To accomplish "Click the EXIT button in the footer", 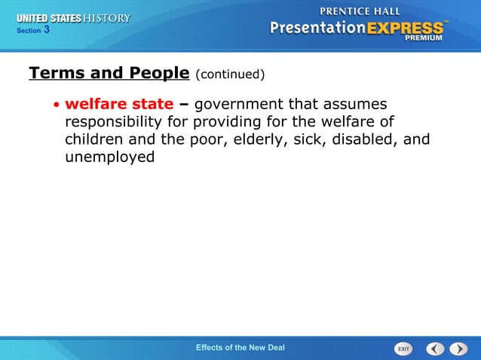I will tap(404, 349).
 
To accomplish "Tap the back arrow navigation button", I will tap(435, 349).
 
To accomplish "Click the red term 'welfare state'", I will tap(119, 104).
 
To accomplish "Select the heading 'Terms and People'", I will tap(109, 73).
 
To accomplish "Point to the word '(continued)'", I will tap(230, 75).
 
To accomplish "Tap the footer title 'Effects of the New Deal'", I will tap(240, 347).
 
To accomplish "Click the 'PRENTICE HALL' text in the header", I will tap(361, 12).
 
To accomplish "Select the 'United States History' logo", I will tap(74, 18).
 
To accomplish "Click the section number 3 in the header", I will tap(47, 30).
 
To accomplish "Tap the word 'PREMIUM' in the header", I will tap(428, 38).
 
